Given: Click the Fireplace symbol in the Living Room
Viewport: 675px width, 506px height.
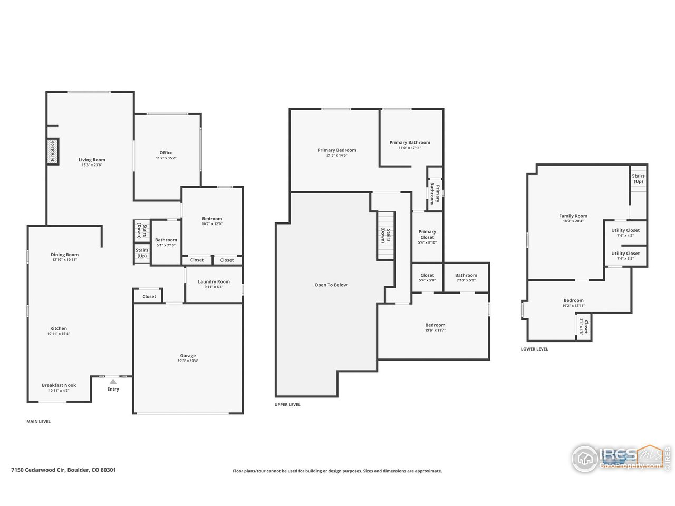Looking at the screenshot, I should click(x=52, y=151).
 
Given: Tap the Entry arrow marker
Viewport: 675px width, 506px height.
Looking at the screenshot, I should click(x=112, y=381).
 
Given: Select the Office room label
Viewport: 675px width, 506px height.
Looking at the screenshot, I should click(x=166, y=153).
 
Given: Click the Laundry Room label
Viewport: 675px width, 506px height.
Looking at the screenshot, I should click(x=214, y=281).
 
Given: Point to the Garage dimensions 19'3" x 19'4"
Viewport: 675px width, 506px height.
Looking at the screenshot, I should click(x=188, y=362).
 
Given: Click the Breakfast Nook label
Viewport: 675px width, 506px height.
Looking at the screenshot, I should click(x=59, y=385).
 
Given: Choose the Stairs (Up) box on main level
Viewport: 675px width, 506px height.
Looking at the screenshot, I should click(x=142, y=253).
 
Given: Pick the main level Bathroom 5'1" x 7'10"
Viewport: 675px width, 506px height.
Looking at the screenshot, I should click(x=166, y=242).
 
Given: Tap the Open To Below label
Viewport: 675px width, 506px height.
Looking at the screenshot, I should click(x=331, y=285).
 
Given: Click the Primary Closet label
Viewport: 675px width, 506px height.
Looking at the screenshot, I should click(x=427, y=235).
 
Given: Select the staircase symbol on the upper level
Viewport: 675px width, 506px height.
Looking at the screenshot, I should click(x=386, y=235).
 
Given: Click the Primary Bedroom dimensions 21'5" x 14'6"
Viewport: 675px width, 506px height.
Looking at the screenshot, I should click(x=336, y=155).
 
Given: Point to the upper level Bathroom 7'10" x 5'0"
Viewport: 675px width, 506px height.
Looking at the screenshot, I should click(x=466, y=277).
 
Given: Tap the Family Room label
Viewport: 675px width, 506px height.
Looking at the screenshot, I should click(x=573, y=216).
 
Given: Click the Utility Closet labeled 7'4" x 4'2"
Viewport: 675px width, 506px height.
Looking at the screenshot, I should click(x=625, y=232).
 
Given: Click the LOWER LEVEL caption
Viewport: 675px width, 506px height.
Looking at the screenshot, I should click(x=534, y=349).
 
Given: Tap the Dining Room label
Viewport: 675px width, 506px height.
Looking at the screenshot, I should click(x=64, y=255).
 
